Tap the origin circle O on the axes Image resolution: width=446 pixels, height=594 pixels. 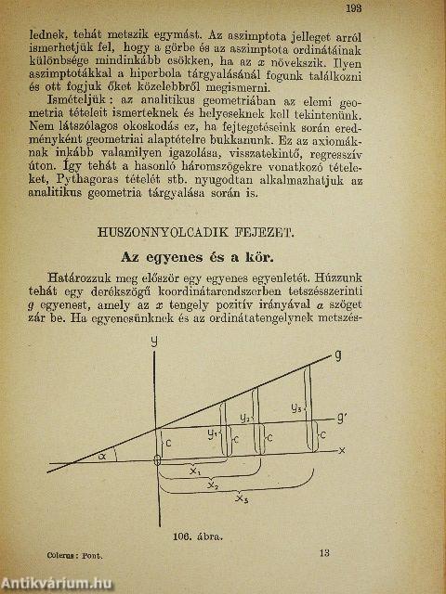click(157, 461)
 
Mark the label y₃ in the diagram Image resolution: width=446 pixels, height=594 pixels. click(295, 407)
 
